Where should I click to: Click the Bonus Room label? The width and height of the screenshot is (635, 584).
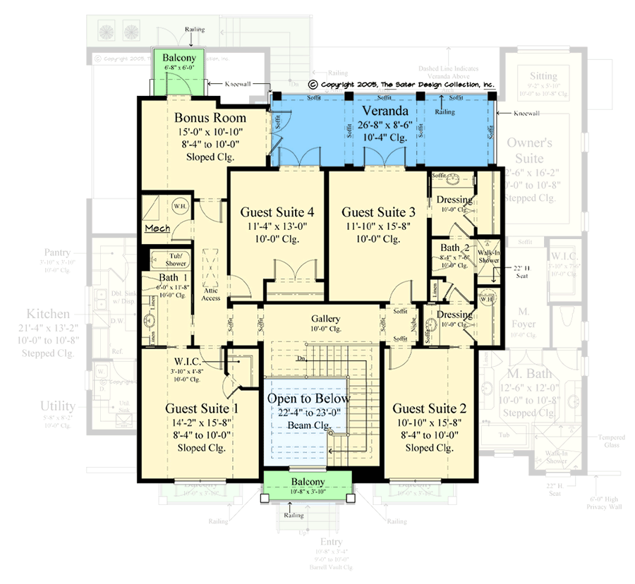click(210, 118)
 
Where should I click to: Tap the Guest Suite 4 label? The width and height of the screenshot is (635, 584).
click(277, 212)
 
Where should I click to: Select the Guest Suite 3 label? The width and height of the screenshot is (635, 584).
click(378, 212)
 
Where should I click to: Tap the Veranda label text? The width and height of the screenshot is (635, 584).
click(385, 112)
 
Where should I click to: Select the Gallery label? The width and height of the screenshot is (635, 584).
click(326, 319)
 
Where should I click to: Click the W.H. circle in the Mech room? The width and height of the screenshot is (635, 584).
click(180, 206)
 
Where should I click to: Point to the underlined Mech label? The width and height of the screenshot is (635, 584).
click(155, 229)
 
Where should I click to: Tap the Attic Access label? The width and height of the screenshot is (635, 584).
click(210, 293)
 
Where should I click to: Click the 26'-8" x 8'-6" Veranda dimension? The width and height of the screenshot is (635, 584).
click(385, 125)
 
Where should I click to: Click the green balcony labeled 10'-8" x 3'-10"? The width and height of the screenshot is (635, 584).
click(307, 486)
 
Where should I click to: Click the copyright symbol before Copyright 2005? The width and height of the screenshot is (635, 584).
click(313, 83)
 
